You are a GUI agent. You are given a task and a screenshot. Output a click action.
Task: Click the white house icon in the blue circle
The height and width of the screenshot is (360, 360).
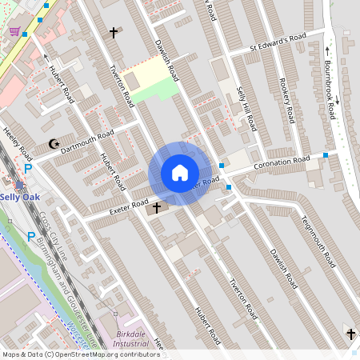tap(180, 173)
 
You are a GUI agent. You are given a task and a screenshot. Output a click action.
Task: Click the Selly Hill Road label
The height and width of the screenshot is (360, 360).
tap(250, 113)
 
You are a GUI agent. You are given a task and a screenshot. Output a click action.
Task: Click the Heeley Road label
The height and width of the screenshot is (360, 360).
tap(16, 142)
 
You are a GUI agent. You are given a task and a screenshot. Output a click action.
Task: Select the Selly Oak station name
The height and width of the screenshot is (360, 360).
tap(17, 197)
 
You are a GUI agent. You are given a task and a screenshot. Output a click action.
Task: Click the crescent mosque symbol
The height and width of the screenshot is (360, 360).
tap(54, 144)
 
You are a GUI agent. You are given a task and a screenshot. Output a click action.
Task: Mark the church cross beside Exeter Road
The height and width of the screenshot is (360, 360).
tap(156, 208)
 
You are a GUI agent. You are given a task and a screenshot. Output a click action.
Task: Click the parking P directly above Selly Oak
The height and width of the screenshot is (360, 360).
tap(28, 169)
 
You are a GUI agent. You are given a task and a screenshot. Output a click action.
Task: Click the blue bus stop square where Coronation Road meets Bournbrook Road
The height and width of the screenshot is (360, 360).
tap(326, 154)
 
